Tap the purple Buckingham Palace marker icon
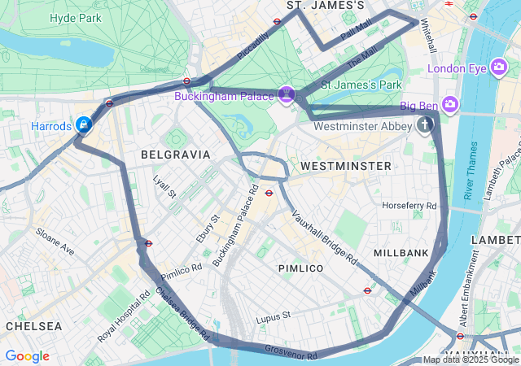[286, 95]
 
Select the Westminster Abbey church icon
[424, 125]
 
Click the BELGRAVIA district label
[175, 154]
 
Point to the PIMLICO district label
[300, 268]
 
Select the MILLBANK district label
[401, 253]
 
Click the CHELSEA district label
[33, 325]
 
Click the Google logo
[27, 356]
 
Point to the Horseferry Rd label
[409, 206]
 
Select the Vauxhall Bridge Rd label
[325, 239]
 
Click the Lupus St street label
[273, 316]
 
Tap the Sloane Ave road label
[55, 242]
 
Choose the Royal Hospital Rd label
[124, 323]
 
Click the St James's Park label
[361, 84]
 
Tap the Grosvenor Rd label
[291, 352]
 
